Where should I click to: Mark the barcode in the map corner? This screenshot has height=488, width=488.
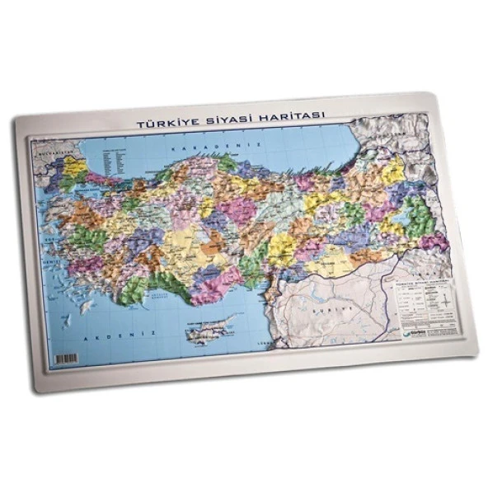(65, 360)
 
